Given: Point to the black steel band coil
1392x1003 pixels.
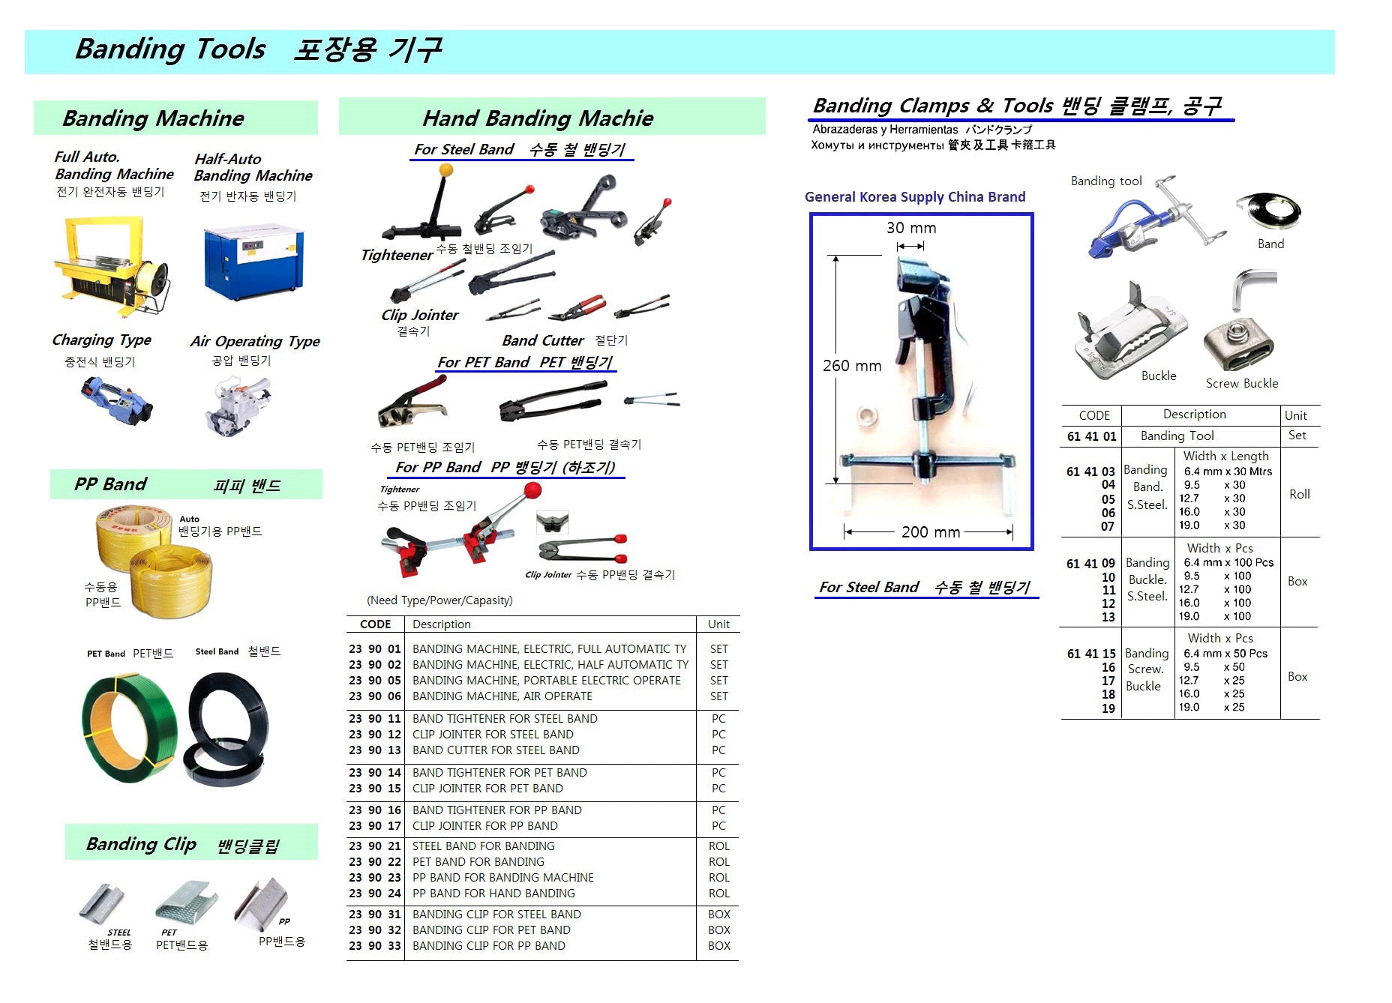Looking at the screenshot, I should click(x=226, y=727).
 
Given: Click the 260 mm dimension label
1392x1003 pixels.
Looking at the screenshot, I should click(x=852, y=366).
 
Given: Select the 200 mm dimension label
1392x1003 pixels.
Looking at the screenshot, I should click(x=930, y=532).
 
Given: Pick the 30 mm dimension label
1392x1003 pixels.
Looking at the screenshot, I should click(x=911, y=228).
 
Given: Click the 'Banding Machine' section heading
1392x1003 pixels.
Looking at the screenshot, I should click(x=154, y=118).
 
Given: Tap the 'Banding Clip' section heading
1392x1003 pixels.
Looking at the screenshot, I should click(x=142, y=844).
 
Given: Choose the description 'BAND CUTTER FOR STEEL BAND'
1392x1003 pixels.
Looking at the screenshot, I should click(x=496, y=750).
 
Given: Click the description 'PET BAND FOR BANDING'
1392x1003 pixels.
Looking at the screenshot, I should click(x=478, y=862).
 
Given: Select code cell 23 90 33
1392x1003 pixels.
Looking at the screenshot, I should click(x=375, y=946).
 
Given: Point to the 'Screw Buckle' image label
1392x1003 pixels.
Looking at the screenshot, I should click(x=1241, y=383).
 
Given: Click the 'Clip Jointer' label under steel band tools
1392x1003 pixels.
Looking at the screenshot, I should click(x=420, y=315).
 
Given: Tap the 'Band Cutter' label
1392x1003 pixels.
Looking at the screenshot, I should click(x=543, y=340).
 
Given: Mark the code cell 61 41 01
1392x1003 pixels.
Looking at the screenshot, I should click(x=1091, y=436).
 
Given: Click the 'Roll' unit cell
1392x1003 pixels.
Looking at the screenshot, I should click(x=1299, y=494).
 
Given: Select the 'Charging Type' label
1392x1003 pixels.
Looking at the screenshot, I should click(x=102, y=340).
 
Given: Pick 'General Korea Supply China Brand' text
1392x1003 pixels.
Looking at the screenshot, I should click(x=915, y=197).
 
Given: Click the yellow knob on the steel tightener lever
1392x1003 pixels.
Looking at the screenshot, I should click(x=446, y=170).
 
